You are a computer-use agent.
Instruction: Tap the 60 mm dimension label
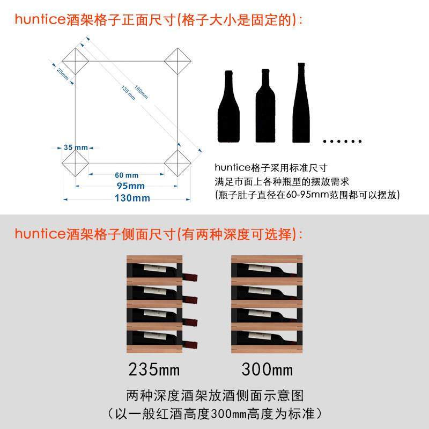pyautogui.click(x=127, y=175)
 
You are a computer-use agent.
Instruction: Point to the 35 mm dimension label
pyautogui.click(x=76, y=147)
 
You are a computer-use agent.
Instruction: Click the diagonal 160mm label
pyautogui.click(x=140, y=92)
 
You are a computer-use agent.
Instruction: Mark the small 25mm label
pyautogui.click(x=62, y=73)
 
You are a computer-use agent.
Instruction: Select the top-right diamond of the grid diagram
pyautogui.click(x=177, y=61)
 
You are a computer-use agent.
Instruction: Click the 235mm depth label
pyautogui.click(x=154, y=369)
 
